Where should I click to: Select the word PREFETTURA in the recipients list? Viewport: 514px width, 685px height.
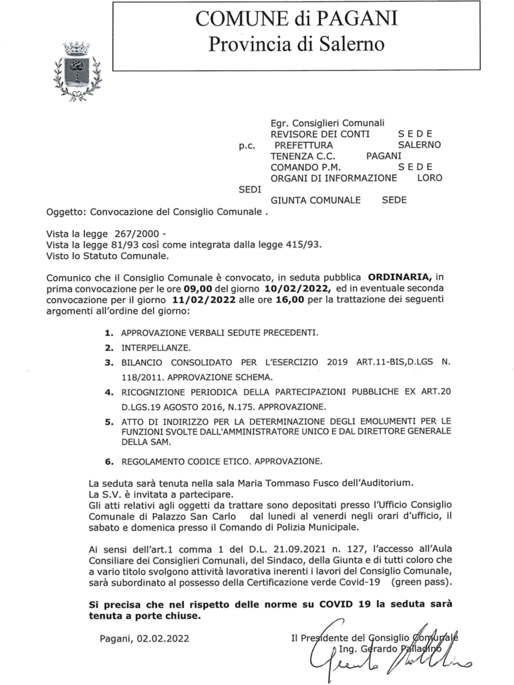303,144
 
